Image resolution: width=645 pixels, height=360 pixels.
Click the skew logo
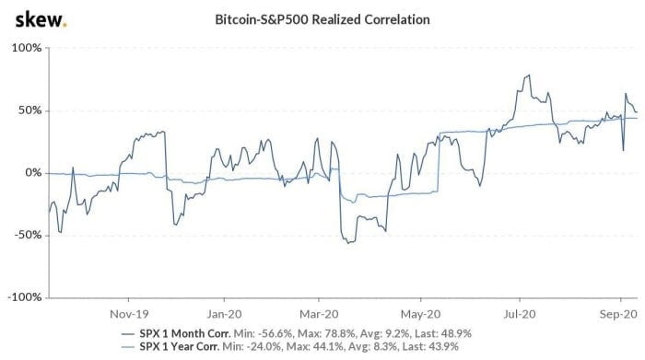[x=33, y=19]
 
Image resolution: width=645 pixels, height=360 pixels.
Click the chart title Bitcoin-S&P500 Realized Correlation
[x=322, y=19]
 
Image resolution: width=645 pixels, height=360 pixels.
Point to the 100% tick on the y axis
[x=27, y=47]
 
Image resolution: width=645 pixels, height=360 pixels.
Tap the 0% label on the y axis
[x=32, y=173]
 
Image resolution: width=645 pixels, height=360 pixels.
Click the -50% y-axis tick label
[x=28, y=236]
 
